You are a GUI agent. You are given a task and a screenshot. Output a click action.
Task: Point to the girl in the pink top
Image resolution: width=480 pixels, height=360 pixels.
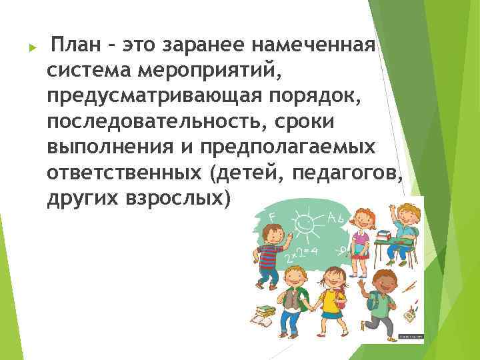360,233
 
